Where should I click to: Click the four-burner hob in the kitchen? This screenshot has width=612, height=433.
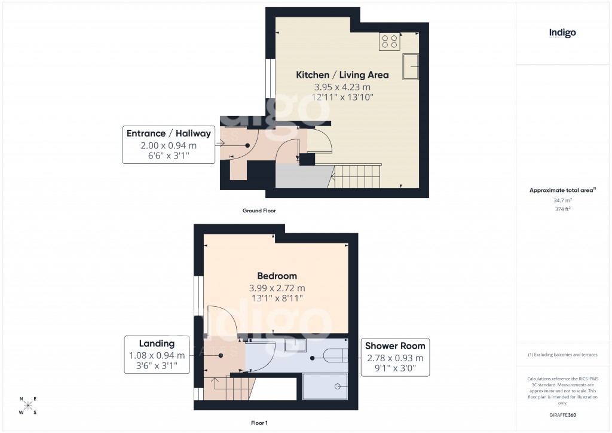click(390, 42)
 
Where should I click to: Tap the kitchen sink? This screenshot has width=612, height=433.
click(411, 66)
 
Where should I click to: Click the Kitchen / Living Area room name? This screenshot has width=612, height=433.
click(342, 75)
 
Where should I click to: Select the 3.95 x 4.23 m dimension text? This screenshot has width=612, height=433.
click(342, 87)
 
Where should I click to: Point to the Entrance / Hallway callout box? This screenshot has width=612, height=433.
click(169, 144)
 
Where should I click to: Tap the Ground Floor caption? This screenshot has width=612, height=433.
click(259, 211)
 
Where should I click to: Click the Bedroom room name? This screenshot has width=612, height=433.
click(277, 276)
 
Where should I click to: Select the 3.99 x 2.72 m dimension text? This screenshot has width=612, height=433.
click(277, 288)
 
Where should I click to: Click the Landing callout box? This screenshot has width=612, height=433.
click(157, 355)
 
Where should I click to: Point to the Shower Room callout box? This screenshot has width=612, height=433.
click(395, 357)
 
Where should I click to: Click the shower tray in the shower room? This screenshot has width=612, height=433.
click(325, 387)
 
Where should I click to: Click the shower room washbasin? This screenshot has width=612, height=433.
click(295, 345)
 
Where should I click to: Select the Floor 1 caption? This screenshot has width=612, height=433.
click(259, 423)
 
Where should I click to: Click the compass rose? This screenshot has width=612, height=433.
click(28, 406)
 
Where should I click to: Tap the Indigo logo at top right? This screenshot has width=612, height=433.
click(562, 33)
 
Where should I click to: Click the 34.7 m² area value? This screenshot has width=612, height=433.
click(562, 200)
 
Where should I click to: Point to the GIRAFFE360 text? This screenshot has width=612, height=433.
click(562, 414)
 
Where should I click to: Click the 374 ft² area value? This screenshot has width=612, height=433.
click(562, 209)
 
